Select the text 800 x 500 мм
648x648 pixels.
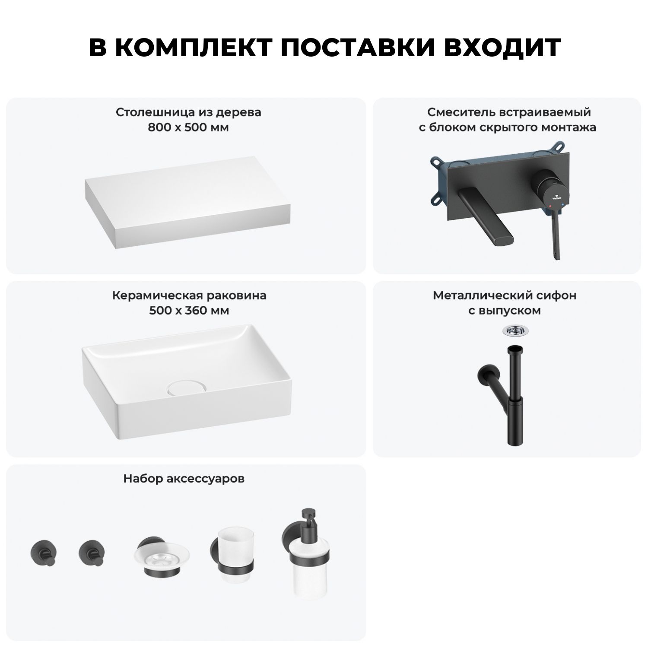188,128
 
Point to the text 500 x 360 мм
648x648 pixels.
189,311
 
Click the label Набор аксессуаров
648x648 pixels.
184,479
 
